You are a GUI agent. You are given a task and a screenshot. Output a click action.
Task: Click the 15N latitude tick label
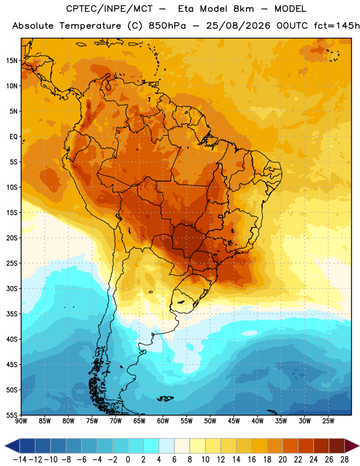pyautogui.click(x=12, y=61)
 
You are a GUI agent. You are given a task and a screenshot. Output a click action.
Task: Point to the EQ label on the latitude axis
pyautogui.click(x=13, y=137)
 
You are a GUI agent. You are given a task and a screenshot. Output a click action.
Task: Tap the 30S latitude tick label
pyautogui.click(x=12, y=288)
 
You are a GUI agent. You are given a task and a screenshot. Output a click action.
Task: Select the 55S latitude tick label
pyautogui.click(x=12, y=415)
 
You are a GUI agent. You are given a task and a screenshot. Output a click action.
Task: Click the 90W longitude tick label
pyautogui.click(x=21, y=421)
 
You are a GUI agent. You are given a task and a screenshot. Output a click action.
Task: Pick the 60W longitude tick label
pyautogui.click(x=163, y=421)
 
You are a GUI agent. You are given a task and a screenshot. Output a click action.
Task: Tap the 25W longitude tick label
pyautogui.click(x=328, y=421)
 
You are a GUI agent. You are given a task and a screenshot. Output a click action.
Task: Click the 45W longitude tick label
pyautogui.click(x=234, y=421)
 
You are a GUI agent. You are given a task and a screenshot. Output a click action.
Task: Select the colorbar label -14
pyautogui.click(x=20, y=460)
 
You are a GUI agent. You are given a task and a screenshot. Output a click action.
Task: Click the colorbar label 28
pyautogui.click(x=344, y=460)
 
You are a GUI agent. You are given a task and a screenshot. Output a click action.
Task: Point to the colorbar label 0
pyautogui.click(x=128, y=460)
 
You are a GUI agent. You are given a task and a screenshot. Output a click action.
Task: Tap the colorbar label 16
pyautogui.click(x=252, y=460)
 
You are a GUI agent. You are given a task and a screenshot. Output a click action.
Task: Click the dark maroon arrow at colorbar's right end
pyautogui.click(x=351, y=446)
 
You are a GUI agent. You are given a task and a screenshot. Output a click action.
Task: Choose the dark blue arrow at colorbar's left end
pyautogui.click(x=12, y=446)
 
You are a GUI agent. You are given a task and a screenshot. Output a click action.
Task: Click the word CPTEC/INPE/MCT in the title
pyautogui.click(x=110, y=9)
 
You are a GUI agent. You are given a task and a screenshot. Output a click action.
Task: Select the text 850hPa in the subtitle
pyautogui.click(x=167, y=26)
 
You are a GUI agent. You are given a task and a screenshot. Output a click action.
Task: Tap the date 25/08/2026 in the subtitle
pyautogui.click(x=238, y=26)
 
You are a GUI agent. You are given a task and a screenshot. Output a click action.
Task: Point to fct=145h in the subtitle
pyautogui.click(x=337, y=26)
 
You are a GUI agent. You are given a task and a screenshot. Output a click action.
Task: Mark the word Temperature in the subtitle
pyautogui.click(x=90, y=26)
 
